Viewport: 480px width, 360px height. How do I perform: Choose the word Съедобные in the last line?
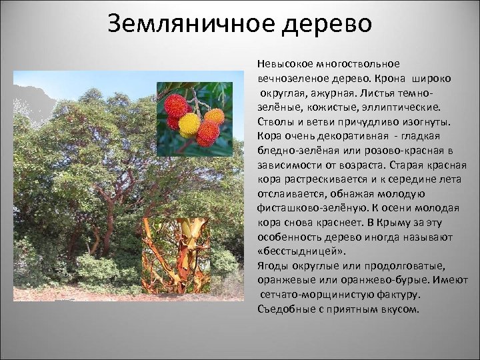click(x=282, y=309)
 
